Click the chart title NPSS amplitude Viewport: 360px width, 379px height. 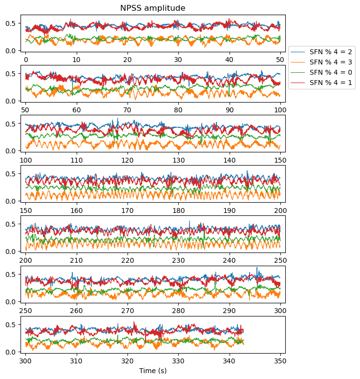coord(152,8)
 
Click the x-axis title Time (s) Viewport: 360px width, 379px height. coord(153,371)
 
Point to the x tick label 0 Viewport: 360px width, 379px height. coord(26,60)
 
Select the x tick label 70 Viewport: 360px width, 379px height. coord(127,110)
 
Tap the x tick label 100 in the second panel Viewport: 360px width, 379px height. coord(280,110)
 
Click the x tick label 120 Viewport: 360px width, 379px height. coord(127,160)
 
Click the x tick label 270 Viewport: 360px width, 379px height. coord(127,311)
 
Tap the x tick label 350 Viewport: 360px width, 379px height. coord(280,361)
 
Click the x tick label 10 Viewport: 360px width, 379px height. coord(77,60)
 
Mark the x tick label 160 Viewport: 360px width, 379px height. coord(77,211)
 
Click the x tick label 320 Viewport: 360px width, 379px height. coord(127,361)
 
